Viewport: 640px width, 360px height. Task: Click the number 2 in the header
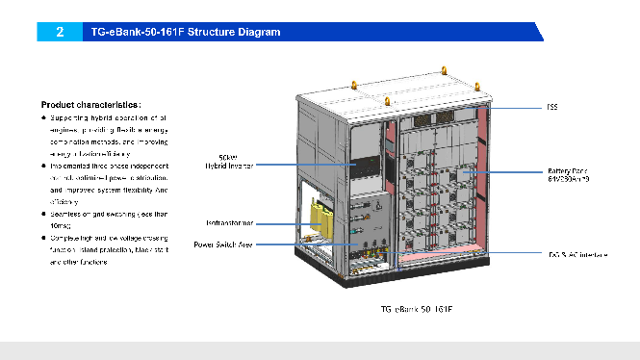[x=60, y=32]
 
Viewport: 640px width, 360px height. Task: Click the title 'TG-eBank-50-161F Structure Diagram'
[x=185, y=32]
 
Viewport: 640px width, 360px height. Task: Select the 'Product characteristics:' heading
[x=91, y=104]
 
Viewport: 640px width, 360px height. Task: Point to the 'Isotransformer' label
[x=229, y=222]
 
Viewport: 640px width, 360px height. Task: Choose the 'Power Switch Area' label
[x=225, y=244]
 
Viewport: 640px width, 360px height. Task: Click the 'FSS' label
[x=552, y=107]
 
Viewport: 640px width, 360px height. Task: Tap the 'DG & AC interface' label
[x=574, y=254]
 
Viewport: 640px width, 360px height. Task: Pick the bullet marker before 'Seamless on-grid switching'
[x=44, y=213]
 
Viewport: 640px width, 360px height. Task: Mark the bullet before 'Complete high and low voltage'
[x=44, y=237]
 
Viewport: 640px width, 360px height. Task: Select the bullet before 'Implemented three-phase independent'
[x=44, y=166]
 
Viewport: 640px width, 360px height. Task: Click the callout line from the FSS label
[x=510, y=107]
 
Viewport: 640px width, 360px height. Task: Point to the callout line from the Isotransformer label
[x=289, y=222]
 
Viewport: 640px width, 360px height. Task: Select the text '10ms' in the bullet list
[x=59, y=224]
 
